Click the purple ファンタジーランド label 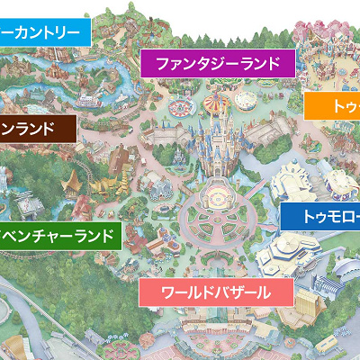coord(218,64)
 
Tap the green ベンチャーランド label coord(59,237)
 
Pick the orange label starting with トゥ coord(332,107)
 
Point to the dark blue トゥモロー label coord(320,216)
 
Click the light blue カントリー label coord(45,31)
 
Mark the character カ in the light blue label coord(20,31)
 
